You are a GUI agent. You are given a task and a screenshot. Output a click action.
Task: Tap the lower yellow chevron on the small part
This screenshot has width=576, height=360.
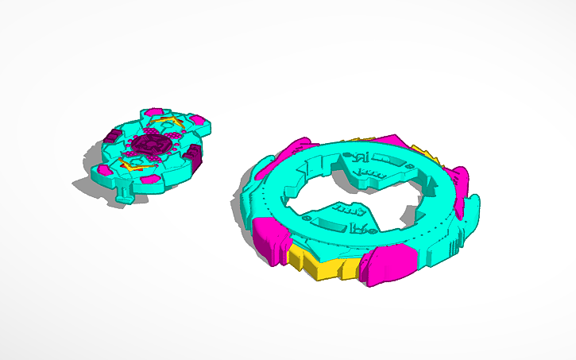click(126, 165)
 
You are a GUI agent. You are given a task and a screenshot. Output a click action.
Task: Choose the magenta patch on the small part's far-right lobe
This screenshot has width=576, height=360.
click(199, 121)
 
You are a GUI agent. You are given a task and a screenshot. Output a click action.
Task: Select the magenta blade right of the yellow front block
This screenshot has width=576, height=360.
click(389, 265)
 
